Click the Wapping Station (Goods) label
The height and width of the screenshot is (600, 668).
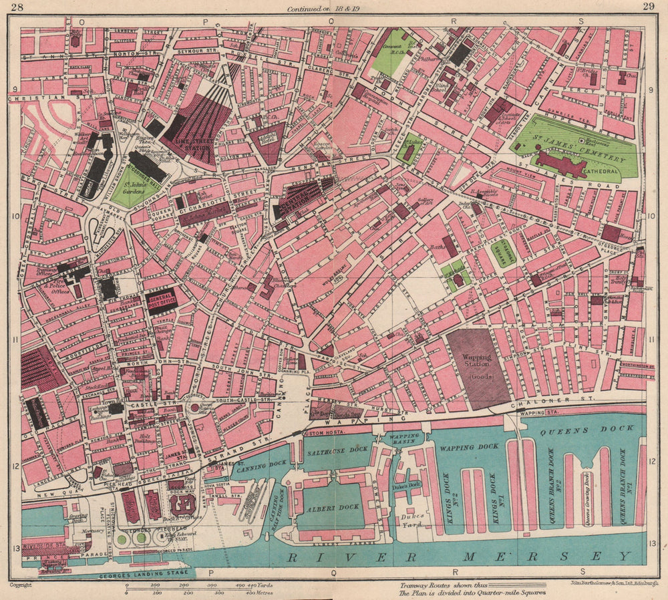click(477, 366)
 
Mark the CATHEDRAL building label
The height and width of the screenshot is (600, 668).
click(605, 170)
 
